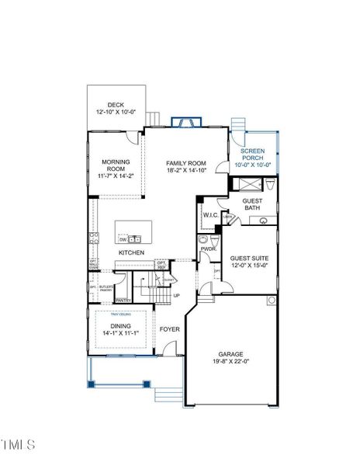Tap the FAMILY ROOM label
tap(187, 163)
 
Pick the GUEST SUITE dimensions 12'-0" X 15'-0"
tap(248, 265)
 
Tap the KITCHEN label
tap(131, 253)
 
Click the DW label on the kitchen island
tap(123, 240)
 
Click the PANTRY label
tap(123, 300)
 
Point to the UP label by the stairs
tap(176, 296)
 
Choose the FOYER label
tap(170, 329)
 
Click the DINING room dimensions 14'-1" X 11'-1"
tap(120, 335)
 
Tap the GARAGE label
tap(230, 354)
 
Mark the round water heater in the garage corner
tap(272, 300)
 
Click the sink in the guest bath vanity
tap(262, 220)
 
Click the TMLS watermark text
tap(19, 444)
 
